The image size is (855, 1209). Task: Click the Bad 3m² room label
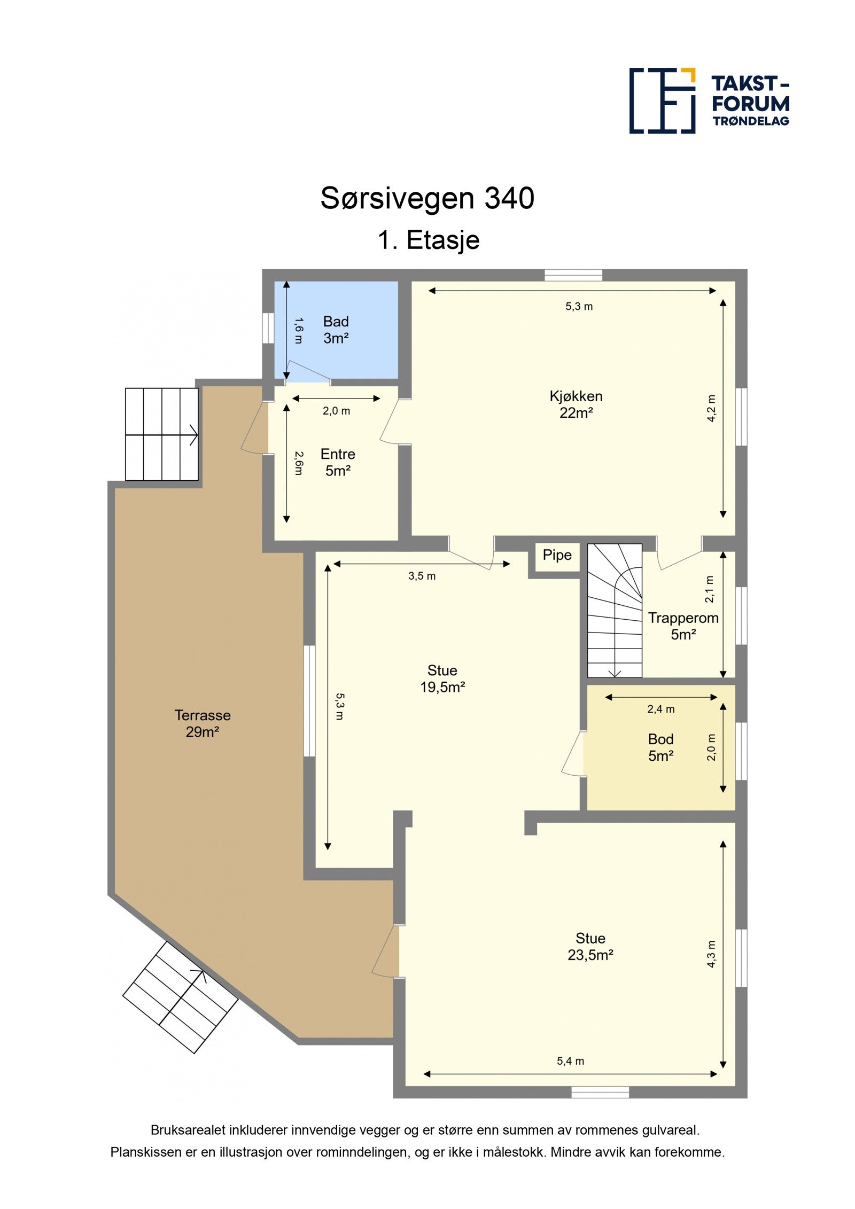click(336, 330)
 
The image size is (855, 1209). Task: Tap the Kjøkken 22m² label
click(576, 404)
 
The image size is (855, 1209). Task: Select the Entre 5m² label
click(337, 462)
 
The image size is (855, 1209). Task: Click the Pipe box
click(557, 555)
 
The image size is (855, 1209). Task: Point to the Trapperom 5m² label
click(682, 626)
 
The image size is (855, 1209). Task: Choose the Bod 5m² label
click(660, 747)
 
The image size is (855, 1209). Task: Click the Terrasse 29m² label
click(202, 723)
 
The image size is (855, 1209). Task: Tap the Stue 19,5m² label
click(442, 678)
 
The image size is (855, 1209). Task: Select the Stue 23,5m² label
click(590, 947)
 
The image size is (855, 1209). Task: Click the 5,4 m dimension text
click(570, 1061)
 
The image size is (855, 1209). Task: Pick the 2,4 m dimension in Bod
click(660, 709)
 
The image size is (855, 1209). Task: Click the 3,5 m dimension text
click(422, 576)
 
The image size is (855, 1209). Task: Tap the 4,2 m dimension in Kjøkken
click(711, 408)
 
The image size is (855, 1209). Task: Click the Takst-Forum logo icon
click(662, 100)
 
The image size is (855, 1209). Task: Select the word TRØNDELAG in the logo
click(750, 121)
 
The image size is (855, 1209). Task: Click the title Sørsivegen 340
click(427, 198)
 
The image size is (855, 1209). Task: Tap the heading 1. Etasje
click(428, 240)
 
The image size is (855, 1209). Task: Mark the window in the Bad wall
click(268, 328)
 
